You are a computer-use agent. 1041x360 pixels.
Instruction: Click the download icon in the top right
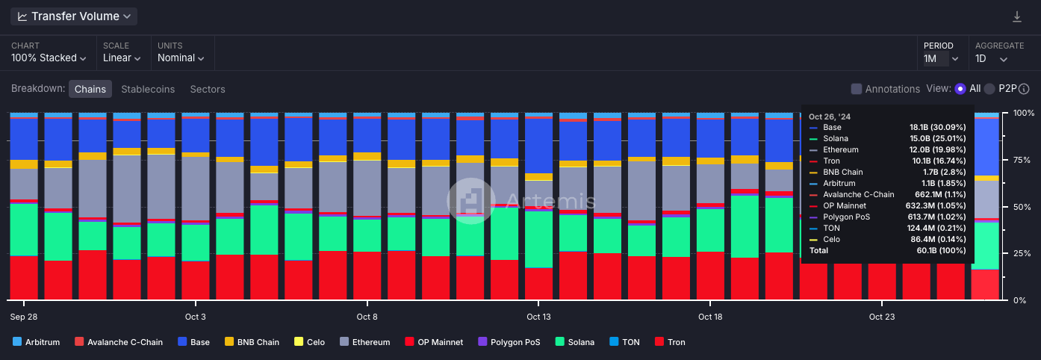(1017, 16)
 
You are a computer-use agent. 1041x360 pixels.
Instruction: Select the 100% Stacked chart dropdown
(49, 58)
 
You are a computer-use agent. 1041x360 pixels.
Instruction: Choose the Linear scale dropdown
(122, 58)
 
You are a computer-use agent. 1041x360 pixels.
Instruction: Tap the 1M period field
(936, 58)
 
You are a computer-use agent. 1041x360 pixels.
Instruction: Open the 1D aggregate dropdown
(992, 58)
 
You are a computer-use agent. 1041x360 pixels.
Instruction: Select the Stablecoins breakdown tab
(148, 89)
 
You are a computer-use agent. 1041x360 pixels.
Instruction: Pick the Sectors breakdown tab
(208, 89)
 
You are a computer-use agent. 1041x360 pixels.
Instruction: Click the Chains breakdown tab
(90, 89)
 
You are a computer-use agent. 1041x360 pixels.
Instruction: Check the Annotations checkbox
(857, 89)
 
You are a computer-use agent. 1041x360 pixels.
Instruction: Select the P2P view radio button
(989, 89)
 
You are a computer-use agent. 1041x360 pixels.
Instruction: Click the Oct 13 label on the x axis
(538, 317)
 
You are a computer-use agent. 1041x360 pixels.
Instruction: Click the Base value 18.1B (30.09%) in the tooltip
(937, 128)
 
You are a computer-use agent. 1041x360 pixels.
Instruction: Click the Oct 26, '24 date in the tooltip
(830, 117)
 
